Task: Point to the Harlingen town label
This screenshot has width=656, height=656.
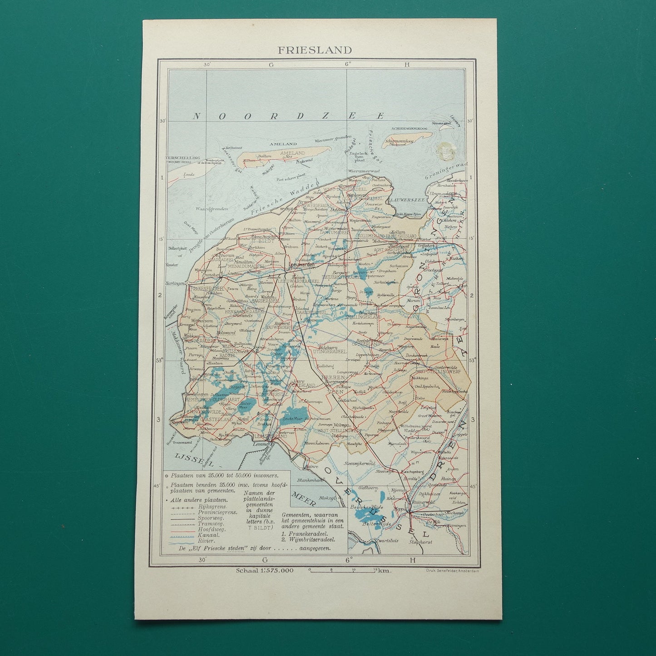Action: pyautogui.click(x=173, y=283)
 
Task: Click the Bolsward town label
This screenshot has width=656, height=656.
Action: pyautogui.click(x=224, y=333)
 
